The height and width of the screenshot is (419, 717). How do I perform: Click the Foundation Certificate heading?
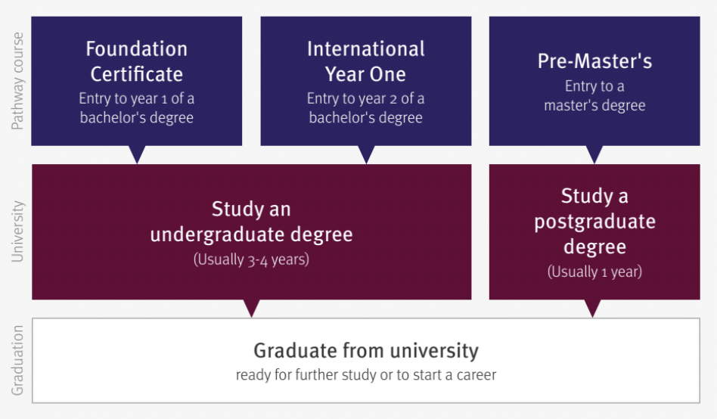click(137, 61)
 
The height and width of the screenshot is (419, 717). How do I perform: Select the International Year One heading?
click(366, 61)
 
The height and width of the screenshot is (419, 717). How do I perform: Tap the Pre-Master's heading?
click(594, 61)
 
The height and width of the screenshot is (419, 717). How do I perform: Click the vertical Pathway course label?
click(17, 81)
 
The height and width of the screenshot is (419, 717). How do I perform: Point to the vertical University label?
click(17, 231)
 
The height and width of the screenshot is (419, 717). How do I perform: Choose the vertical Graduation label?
click(17, 361)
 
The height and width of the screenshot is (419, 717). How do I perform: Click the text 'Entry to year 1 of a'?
click(137, 98)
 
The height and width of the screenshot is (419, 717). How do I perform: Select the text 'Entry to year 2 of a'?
click(366, 98)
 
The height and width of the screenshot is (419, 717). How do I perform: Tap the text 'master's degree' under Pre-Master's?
click(594, 105)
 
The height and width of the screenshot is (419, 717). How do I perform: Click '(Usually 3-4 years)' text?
click(252, 259)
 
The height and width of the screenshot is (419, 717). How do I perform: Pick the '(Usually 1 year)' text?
click(594, 272)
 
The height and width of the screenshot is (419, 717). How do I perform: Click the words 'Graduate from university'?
click(366, 351)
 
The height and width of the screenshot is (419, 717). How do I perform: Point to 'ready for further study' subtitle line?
click(366, 374)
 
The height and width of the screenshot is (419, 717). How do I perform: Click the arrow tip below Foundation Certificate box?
click(137, 163)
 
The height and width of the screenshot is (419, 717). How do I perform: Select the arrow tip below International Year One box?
click(366, 163)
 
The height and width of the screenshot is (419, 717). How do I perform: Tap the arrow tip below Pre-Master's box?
click(594, 163)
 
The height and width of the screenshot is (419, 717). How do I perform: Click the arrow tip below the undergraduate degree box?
click(252, 317)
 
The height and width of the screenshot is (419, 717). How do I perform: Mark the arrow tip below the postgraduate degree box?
click(593, 317)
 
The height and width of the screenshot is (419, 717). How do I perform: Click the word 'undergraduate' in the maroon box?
click(217, 234)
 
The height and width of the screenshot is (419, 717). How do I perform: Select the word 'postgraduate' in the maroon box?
click(595, 222)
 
